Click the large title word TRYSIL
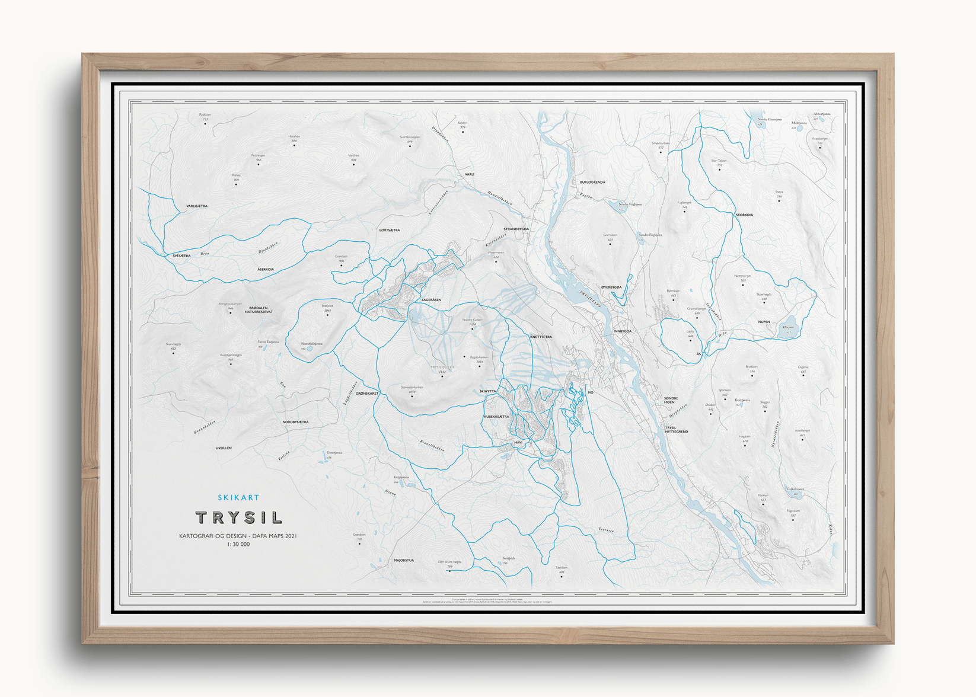pyautogui.click(x=238, y=517)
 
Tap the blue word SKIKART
pyautogui.click(x=238, y=498)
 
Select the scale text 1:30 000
pyautogui.click(x=238, y=544)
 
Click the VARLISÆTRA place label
pyautogui.click(x=197, y=206)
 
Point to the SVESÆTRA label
pyautogui.click(x=181, y=256)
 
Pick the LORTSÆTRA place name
pyautogui.click(x=390, y=230)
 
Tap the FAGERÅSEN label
pyautogui.click(x=431, y=300)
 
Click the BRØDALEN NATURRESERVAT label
pyautogui.click(x=259, y=310)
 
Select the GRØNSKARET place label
pyautogui.click(x=367, y=394)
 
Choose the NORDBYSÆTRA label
pyautogui.click(x=295, y=422)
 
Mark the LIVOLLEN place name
pyautogui.click(x=224, y=448)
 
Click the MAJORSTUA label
pyautogui.click(x=404, y=560)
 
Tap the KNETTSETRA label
pyautogui.click(x=541, y=337)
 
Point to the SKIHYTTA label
pyautogui.click(x=488, y=391)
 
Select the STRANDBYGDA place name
pyautogui.click(x=516, y=229)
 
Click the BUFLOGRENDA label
pyautogui.click(x=592, y=182)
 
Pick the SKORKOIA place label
pyautogui.click(x=744, y=215)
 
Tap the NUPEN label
pyautogui.click(x=764, y=322)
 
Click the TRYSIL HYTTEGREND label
pyautogui.click(x=676, y=430)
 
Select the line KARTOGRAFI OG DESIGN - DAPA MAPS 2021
pyautogui.click(x=238, y=536)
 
